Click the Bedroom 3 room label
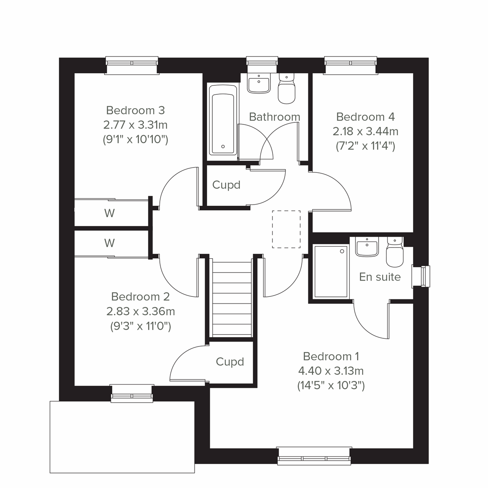coord(135,110)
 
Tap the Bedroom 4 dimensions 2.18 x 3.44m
coord(365,131)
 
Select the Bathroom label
coord(274,117)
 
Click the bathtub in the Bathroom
coord(222,120)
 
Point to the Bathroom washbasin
coord(259,83)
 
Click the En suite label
coord(380,277)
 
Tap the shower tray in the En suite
coord(331,271)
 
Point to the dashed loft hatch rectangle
coord(286,229)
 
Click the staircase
coord(232,299)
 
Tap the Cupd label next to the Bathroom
coord(227,185)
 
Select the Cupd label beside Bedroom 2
coord(230,362)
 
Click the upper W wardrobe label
coord(109,213)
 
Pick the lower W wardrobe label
coord(109,243)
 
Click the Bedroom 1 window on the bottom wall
coord(314,455)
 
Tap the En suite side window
coord(421,277)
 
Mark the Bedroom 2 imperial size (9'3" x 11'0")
coord(140,326)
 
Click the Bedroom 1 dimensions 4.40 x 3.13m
coord(331,371)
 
